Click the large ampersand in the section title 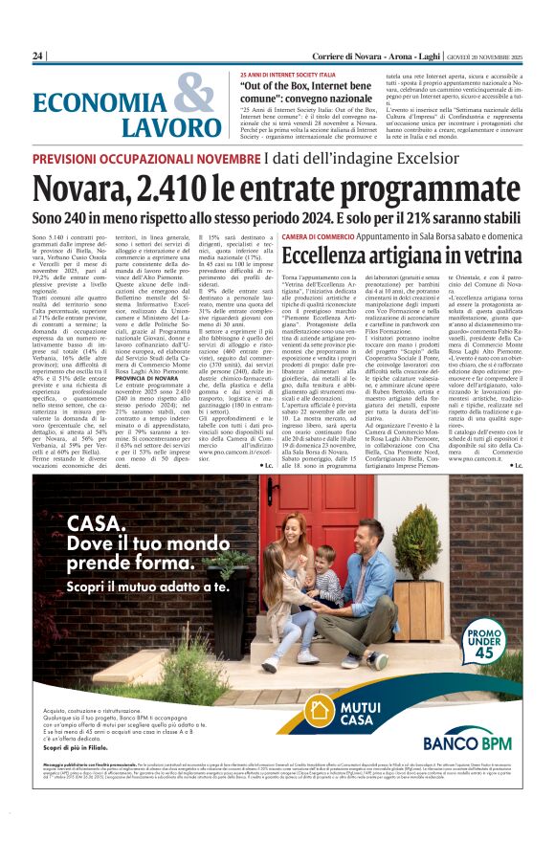coord(194,98)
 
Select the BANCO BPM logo coord(466,742)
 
